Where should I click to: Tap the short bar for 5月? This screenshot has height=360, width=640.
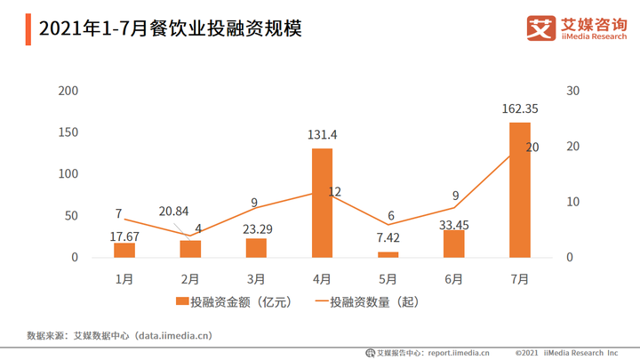point(388,254)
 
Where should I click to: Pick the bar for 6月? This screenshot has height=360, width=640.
point(453,244)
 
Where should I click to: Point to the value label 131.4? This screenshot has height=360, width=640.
point(322,135)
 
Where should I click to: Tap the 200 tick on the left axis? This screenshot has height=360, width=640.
point(68,91)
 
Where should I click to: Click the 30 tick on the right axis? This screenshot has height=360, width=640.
point(572,91)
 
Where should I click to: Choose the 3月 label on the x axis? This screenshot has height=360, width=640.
point(256,278)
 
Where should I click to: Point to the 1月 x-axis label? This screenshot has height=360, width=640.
point(124,278)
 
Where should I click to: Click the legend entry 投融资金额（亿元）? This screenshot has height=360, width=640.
point(235,302)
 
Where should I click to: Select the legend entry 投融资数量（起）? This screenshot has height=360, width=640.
point(366,302)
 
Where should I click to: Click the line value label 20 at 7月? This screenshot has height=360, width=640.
point(532,148)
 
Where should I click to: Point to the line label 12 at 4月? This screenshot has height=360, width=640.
point(335,191)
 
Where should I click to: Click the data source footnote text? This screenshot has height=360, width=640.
point(120,336)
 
